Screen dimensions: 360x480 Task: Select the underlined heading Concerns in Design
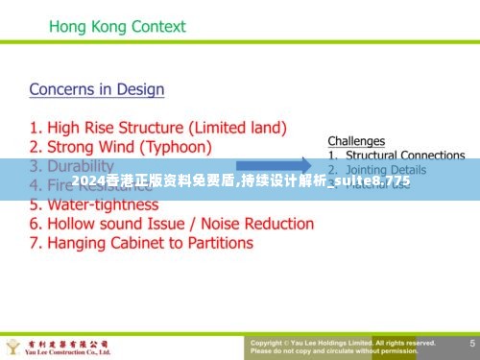pos(97,89)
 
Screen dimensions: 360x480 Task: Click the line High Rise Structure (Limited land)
pos(158,127)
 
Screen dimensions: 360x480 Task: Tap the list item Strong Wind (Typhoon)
pos(120,146)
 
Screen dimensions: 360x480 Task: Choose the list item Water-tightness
pos(94,204)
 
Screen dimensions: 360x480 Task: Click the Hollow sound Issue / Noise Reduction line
pos(172,224)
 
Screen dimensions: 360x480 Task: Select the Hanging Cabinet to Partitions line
pos(141,243)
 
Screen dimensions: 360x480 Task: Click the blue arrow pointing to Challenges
pos(273,164)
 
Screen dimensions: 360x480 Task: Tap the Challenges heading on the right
pos(356,141)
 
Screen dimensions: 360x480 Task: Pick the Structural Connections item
pos(404,155)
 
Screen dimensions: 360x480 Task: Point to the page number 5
pos(472,343)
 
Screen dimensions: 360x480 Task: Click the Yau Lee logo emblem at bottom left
pos(13,346)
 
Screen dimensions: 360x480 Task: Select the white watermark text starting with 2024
pos(240,180)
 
